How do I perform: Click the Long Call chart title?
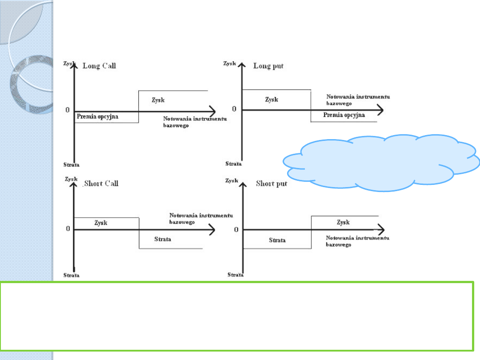click(100, 66)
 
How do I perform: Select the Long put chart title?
click(268, 66)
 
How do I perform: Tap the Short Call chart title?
click(101, 184)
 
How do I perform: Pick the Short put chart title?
click(272, 184)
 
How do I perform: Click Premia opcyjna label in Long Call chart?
click(100, 116)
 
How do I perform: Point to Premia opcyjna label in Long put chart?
click(344, 115)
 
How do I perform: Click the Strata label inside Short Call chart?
click(163, 239)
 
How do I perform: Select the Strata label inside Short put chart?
click(277, 240)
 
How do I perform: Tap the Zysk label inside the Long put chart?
click(272, 100)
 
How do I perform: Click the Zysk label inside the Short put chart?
click(343, 222)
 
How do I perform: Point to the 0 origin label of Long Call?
click(68, 110)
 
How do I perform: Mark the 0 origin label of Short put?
click(236, 229)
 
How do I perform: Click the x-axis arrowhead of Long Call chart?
click(212, 111)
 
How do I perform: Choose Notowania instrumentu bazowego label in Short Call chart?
click(201, 218)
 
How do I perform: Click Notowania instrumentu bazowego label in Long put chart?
click(358, 100)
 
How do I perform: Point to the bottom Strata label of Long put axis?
click(234, 164)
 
